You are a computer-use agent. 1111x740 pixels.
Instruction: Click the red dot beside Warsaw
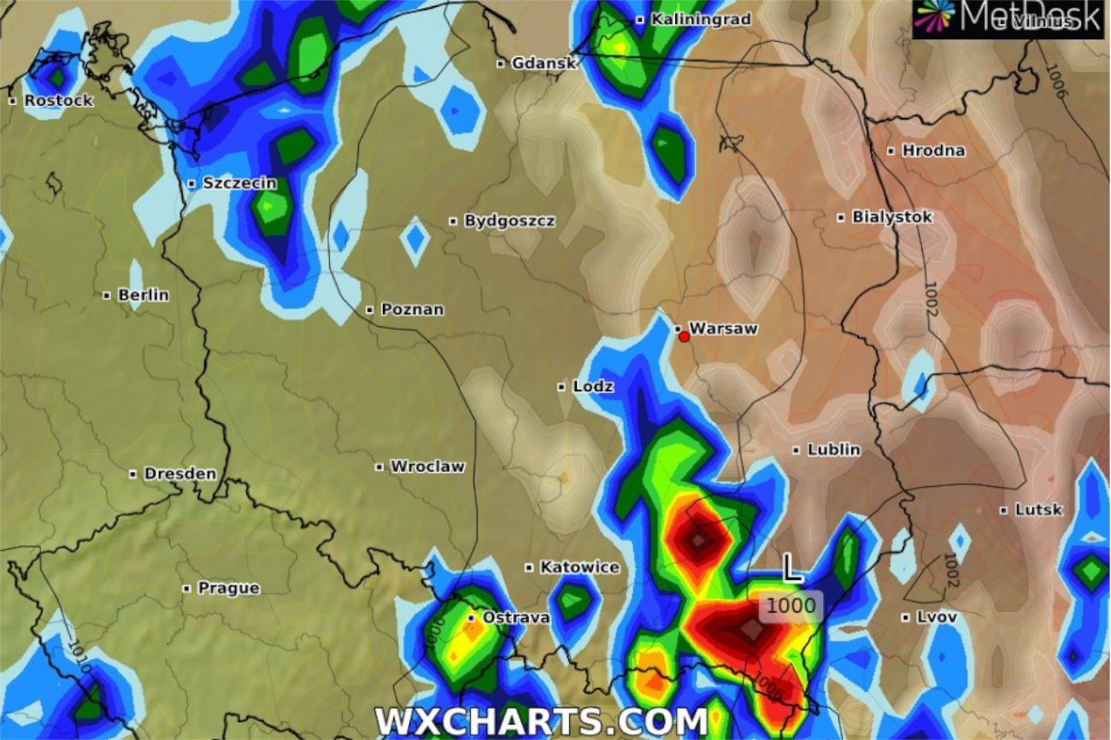coord(684,337)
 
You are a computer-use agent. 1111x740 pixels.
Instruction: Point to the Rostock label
coord(58,101)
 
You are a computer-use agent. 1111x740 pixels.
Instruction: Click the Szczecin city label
coord(239,183)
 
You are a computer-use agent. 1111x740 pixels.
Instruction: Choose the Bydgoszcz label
coord(509,221)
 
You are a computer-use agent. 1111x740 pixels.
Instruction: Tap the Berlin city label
coord(143,296)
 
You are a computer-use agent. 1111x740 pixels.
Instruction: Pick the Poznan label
coord(412,309)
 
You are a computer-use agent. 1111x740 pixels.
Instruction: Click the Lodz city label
coord(593,387)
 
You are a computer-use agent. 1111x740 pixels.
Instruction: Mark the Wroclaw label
coord(427,467)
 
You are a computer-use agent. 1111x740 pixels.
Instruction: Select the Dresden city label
coord(179,474)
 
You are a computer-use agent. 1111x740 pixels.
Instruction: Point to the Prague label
coord(228,589)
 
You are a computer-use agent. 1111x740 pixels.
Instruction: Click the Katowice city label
coord(579,567)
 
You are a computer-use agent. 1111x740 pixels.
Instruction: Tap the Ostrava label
coord(516,618)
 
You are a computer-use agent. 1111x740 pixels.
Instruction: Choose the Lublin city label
coord(833,450)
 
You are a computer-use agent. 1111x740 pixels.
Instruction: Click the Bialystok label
coord(892,218)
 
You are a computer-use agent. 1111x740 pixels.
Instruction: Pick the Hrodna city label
coord(933,151)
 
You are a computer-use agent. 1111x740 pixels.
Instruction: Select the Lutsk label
coord(1038,510)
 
